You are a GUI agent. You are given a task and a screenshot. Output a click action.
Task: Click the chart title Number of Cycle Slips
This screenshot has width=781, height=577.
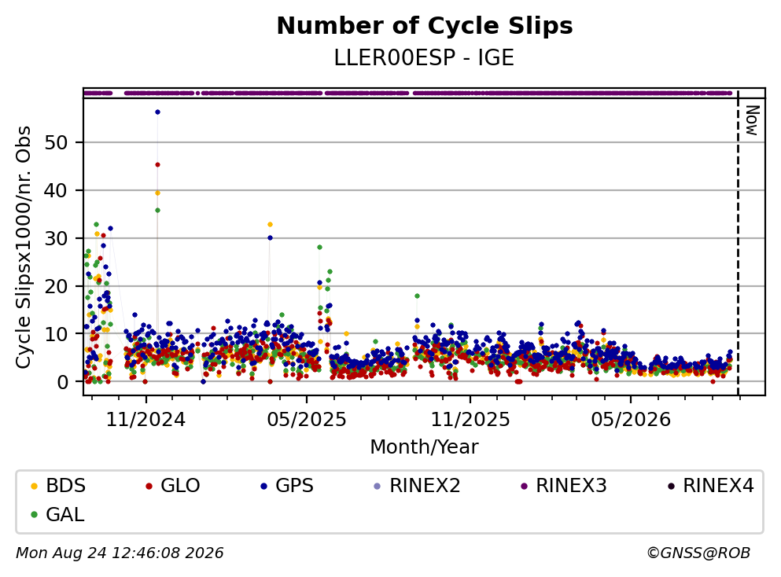(x=425, y=26)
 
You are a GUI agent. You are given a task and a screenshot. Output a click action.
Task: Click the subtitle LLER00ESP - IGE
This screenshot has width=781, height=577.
(x=424, y=58)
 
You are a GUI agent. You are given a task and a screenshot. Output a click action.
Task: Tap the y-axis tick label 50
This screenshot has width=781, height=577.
(x=56, y=143)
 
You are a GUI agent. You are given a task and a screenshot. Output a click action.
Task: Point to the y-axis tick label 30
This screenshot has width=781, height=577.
(x=56, y=238)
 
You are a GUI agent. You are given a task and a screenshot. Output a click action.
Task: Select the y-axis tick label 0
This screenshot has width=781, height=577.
(x=62, y=382)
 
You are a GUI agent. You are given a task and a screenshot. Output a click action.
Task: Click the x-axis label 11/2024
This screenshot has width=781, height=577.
(x=146, y=420)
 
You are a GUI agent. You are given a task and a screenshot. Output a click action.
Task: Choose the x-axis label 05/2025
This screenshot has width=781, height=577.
(x=306, y=420)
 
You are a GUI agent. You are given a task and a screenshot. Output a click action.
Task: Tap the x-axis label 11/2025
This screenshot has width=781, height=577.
(x=470, y=420)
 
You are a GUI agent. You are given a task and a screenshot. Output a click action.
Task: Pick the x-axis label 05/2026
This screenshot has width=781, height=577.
(x=631, y=420)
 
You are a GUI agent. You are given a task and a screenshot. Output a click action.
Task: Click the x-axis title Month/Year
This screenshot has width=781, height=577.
(x=424, y=447)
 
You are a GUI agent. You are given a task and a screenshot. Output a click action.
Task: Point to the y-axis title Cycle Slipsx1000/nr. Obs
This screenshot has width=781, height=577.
(x=24, y=248)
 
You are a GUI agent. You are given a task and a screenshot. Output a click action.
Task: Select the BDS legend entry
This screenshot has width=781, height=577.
(x=57, y=485)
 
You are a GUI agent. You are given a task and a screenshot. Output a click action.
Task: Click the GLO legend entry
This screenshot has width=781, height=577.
(x=173, y=485)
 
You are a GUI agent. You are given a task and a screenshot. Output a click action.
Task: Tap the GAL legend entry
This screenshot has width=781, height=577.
(x=57, y=514)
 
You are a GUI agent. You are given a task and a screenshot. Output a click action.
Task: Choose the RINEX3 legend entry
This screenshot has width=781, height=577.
(x=564, y=485)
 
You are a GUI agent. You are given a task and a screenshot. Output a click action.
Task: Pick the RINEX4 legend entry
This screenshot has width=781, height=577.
(x=711, y=485)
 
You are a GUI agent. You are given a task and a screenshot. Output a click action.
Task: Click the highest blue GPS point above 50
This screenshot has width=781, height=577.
(x=157, y=112)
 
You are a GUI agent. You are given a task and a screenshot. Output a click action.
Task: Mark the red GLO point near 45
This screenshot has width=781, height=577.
(x=157, y=165)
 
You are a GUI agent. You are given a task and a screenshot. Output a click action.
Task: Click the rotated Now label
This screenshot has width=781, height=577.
(x=752, y=120)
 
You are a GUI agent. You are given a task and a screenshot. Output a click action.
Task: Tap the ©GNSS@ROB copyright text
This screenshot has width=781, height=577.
(x=698, y=553)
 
